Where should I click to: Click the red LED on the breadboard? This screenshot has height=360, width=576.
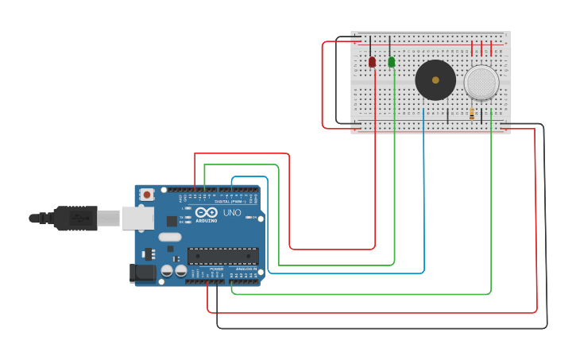coord(372,62)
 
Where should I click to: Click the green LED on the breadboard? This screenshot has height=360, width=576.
coord(391,62)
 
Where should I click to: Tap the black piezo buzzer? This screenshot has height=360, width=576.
coord(435,80)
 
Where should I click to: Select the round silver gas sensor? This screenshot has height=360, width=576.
coord(481,82)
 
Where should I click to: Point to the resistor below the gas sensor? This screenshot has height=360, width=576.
coord(472,114)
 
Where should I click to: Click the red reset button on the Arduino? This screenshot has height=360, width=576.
coord(146,195)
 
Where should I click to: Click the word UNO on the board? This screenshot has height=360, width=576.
coord(232,213)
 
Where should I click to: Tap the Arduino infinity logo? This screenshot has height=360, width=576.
coord(206,213)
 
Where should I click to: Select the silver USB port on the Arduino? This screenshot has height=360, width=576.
coord(137,218)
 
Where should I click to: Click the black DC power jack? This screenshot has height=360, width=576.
coord(143,273)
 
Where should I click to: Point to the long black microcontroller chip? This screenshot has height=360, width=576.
coord(222,256)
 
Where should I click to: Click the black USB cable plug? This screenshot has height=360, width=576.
coord(75,218)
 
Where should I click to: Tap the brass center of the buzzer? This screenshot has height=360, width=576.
coord(435,79)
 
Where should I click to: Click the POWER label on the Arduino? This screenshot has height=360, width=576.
coord(216,269)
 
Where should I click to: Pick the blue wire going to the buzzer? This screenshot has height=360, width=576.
coord(424,199)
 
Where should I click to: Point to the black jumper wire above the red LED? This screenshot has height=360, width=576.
coord(370,45)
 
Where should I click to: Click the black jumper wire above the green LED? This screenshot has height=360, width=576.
coord(389,45)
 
